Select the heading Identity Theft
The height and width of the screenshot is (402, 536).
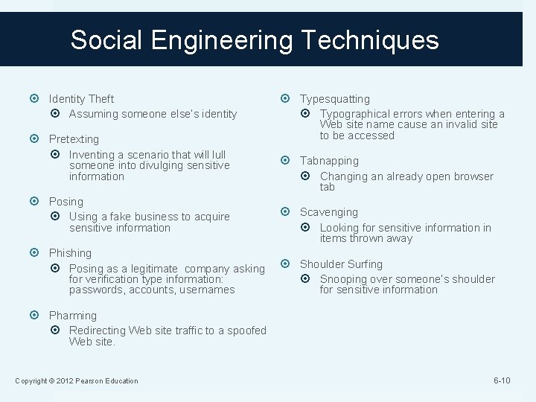coord(81,98)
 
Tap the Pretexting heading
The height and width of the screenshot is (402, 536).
coord(74,139)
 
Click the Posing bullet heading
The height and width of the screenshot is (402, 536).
coord(66,202)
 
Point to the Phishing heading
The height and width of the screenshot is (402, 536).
coord(70,253)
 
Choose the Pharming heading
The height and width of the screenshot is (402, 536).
coord(73,316)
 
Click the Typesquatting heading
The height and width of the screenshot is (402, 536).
coord(334,98)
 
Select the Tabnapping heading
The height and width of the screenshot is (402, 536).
coord(329,161)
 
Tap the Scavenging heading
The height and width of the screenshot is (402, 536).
coord(328,212)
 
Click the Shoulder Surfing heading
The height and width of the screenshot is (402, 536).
coord(341,264)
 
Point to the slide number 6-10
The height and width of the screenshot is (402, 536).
coord(502,380)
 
